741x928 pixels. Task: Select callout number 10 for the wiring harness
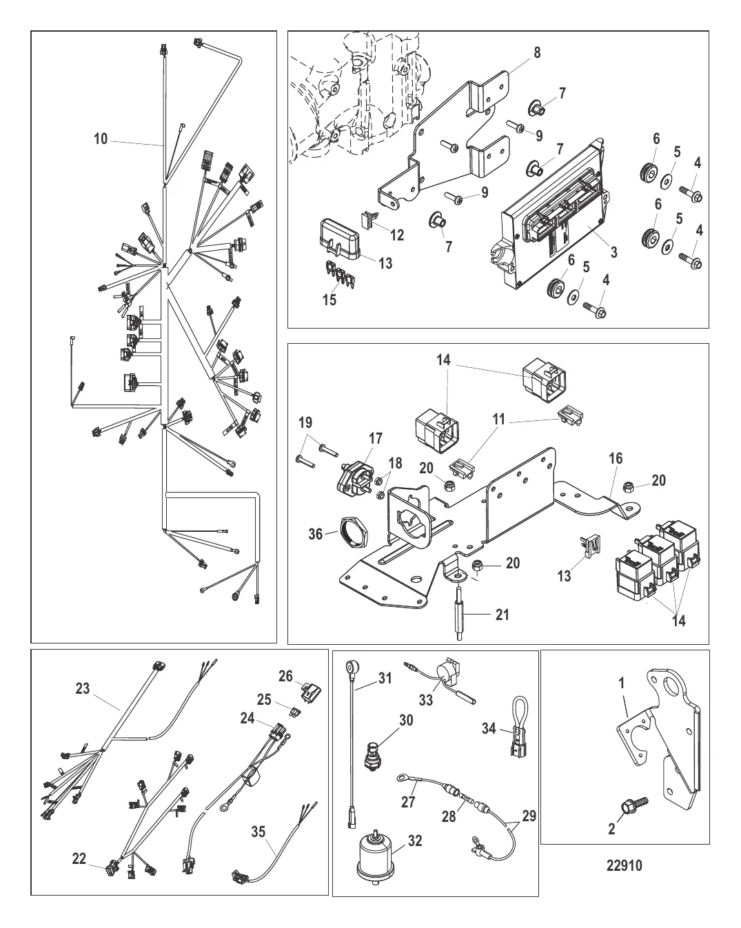pyautogui.click(x=101, y=140)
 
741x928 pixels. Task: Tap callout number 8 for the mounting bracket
pyautogui.click(x=537, y=52)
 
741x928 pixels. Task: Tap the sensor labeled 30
pyautogui.click(x=374, y=753)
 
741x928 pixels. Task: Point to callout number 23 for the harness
pyautogui.click(x=82, y=688)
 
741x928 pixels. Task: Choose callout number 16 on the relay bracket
pyautogui.click(x=614, y=457)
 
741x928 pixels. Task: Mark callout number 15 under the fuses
pyautogui.click(x=330, y=300)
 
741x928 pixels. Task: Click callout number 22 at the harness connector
pyautogui.click(x=79, y=858)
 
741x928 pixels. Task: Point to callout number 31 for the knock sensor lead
pyautogui.click(x=385, y=679)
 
